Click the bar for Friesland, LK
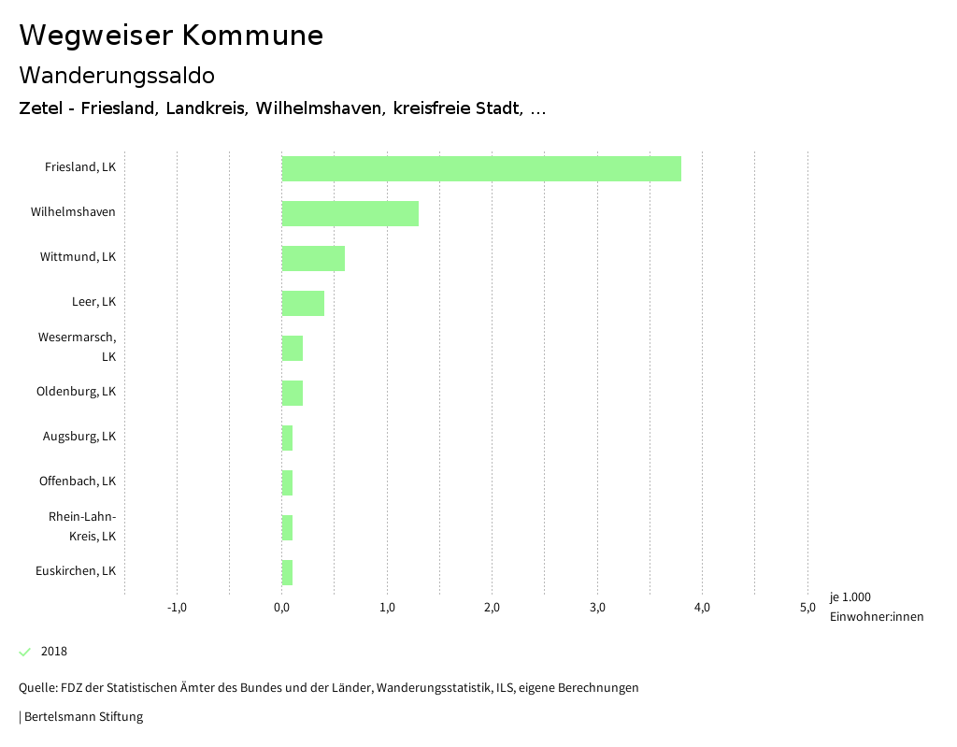(481, 168)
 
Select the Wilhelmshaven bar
(350, 213)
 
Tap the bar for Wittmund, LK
(313, 258)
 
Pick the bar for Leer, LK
(303, 303)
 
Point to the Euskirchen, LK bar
(287, 572)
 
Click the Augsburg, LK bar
(287, 438)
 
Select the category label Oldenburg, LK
(76, 392)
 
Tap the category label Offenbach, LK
(77, 481)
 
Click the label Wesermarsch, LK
(77, 347)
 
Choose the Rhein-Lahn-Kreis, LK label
(82, 526)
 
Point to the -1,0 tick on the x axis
(177, 608)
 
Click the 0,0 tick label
(281, 608)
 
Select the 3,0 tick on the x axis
(597, 608)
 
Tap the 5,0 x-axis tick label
(807, 608)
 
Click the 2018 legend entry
(54, 652)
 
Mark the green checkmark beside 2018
(25, 652)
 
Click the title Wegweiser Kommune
(171, 36)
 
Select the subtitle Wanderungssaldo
(117, 75)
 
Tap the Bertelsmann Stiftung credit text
(83, 717)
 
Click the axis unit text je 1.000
(850, 597)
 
